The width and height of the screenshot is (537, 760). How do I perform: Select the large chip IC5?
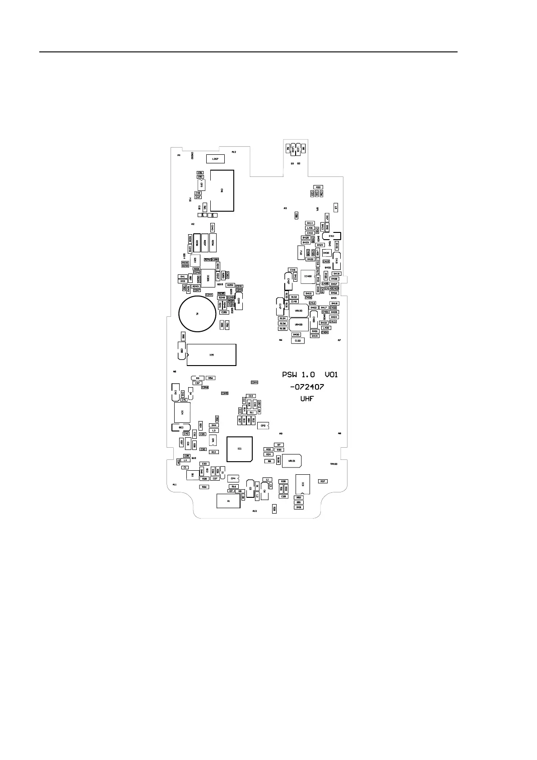[212, 355]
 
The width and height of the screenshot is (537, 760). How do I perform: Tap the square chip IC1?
[240, 449]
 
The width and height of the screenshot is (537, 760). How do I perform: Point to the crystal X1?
[228, 501]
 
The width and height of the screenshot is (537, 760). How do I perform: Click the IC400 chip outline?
[308, 277]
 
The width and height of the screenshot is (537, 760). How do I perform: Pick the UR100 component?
[298, 311]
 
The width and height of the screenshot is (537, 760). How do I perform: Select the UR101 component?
[292, 461]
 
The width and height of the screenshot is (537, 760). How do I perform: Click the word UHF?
[307, 399]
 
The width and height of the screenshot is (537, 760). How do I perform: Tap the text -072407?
[307, 387]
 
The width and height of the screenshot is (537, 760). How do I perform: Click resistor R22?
[318, 187]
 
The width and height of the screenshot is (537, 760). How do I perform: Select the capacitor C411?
[332, 236]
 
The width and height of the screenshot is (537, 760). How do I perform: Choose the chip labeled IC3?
[303, 484]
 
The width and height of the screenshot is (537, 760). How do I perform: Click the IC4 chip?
[182, 412]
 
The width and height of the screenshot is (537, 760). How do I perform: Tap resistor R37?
[323, 482]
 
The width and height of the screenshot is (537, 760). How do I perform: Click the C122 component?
[298, 341]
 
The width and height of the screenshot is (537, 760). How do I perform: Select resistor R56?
[210, 378]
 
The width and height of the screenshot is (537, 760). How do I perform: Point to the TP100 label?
[334, 464]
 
